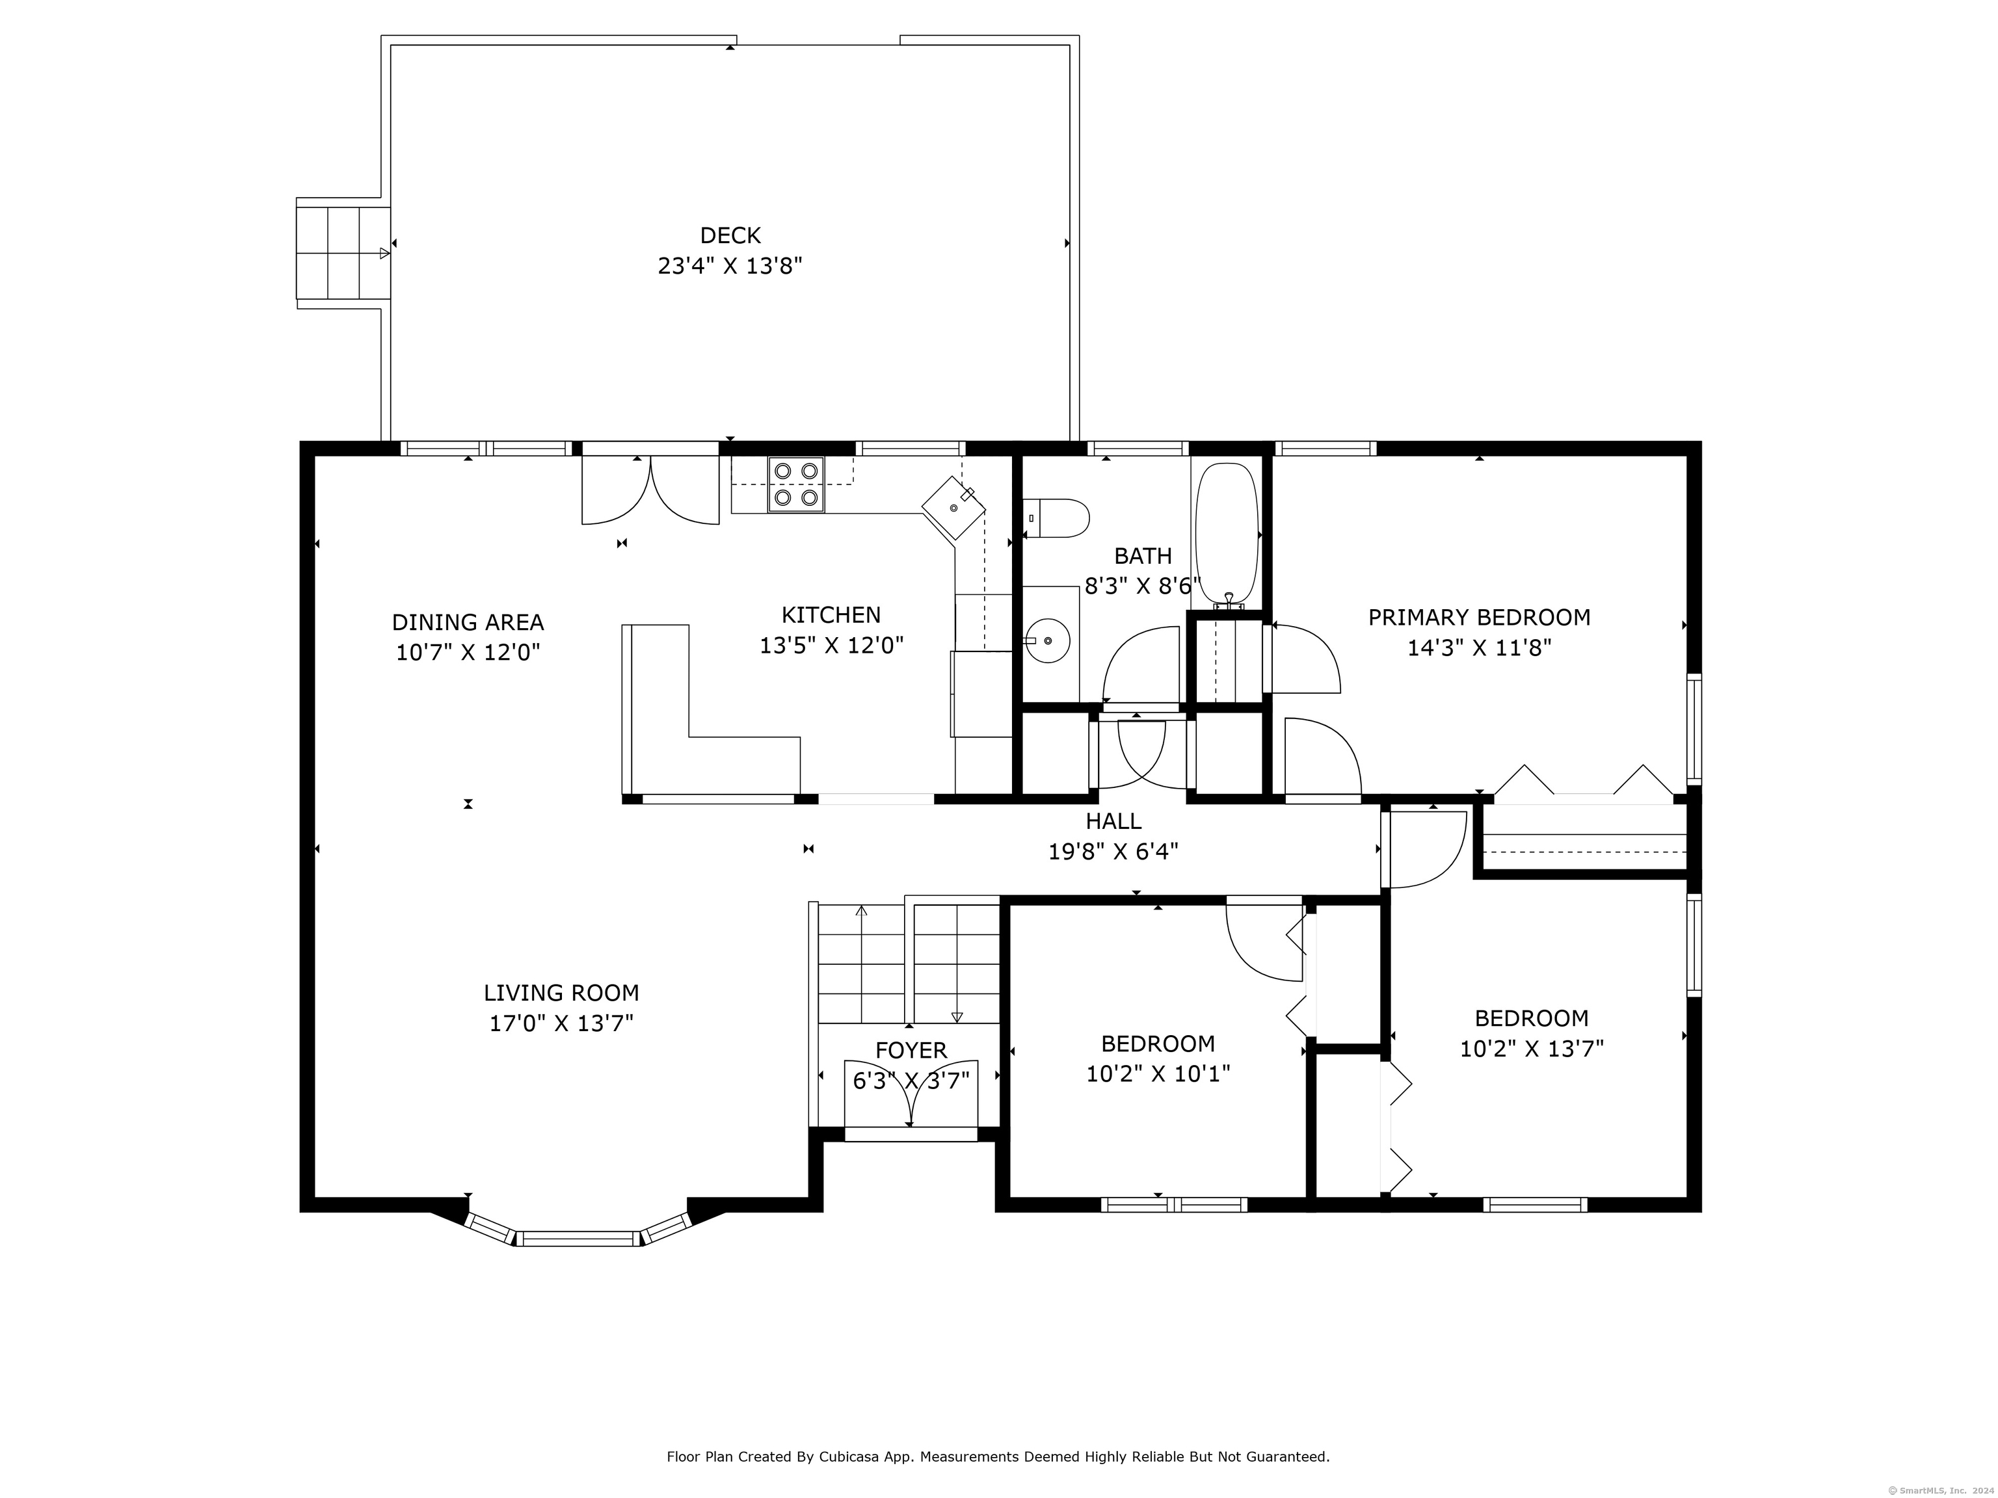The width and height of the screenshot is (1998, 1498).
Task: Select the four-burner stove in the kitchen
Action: tap(796, 485)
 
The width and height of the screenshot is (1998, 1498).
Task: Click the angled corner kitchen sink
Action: tap(954, 507)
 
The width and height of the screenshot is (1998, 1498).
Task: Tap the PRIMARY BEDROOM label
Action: tap(1478, 618)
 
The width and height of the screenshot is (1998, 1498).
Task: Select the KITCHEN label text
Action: tap(831, 615)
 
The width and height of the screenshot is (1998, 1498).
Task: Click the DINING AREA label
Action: tap(468, 622)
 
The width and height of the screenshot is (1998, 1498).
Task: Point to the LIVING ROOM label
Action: tap(561, 993)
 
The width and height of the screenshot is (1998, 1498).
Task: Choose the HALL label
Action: tap(1113, 821)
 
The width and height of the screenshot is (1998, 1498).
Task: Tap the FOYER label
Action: tap(911, 1050)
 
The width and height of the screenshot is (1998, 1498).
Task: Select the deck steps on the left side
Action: tap(343, 253)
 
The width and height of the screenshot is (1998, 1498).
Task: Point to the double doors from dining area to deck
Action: tap(650, 488)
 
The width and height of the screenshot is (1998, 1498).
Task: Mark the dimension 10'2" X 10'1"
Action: tap(1158, 1073)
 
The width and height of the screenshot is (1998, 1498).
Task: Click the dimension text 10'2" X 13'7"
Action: tap(1532, 1048)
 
